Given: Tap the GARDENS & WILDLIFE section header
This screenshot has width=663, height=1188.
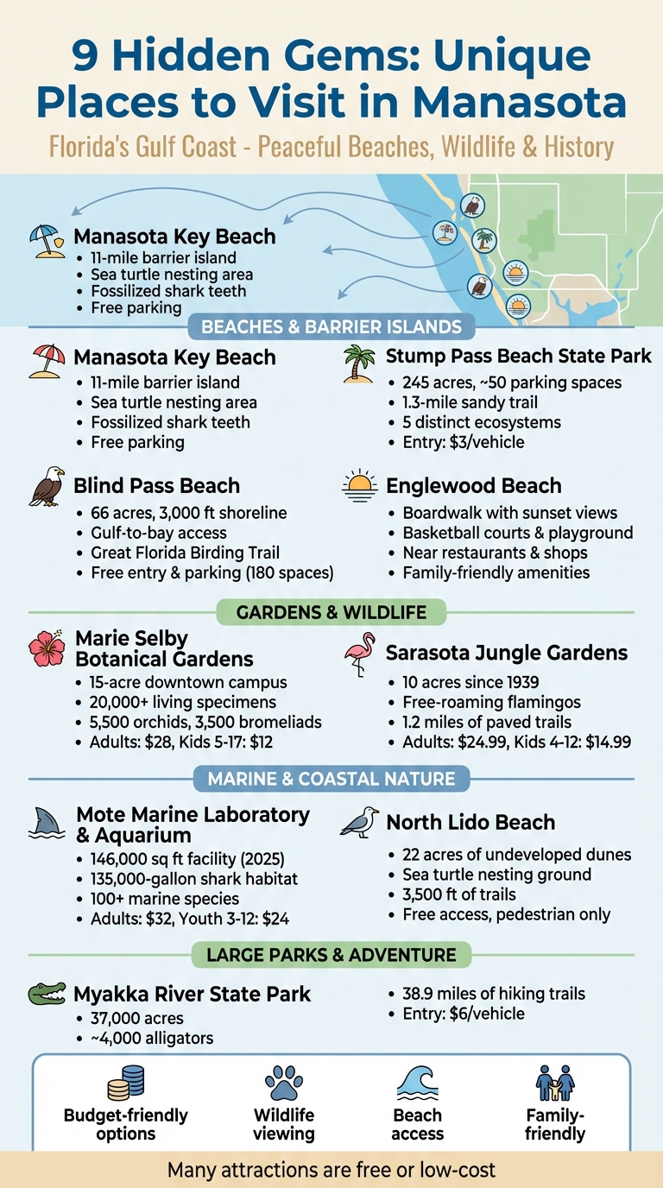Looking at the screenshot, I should [331, 613].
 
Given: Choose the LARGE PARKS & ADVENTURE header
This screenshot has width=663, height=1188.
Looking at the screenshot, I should [331, 956].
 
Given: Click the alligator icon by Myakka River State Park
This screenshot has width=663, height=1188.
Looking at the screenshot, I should [47, 994].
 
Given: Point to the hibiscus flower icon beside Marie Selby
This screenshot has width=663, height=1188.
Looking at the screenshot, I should [47, 649].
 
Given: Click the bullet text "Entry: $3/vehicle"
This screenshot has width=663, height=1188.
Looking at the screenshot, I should [463, 443].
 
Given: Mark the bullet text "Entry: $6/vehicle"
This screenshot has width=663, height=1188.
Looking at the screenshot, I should [463, 1014].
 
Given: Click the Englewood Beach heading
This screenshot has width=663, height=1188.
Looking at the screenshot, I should [473, 486].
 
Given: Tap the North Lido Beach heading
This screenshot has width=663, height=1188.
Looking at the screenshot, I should [470, 823].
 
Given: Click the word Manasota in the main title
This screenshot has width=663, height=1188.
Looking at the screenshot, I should [520, 101].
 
